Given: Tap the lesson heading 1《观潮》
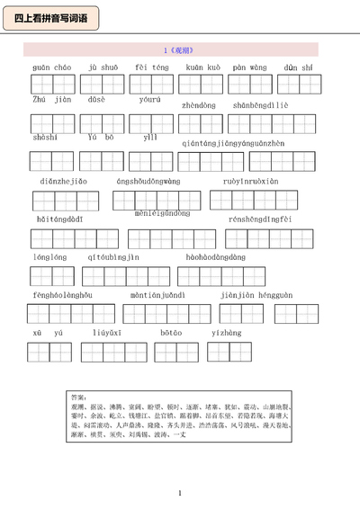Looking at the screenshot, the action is pyautogui.click(x=180, y=50).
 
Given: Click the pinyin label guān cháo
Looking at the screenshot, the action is pyautogui.click(x=51, y=67).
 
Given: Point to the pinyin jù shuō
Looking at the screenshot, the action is pyautogui.click(x=103, y=67).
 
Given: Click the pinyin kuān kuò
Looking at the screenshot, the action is pyautogui.click(x=202, y=67).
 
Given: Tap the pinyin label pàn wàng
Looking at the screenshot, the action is pyautogui.click(x=248, y=67).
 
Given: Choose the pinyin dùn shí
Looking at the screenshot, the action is pyautogui.click(x=299, y=67).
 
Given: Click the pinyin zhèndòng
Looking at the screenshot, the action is pyautogui.click(x=199, y=105).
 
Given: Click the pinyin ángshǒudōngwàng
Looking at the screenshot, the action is pyautogui.click(x=148, y=181).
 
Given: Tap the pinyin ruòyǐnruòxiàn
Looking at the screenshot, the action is pyautogui.click(x=251, y=181).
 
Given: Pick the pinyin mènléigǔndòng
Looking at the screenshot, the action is pyautogui.click(x=162, y=213).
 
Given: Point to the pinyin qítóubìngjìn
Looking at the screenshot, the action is pyautogui.click(x=113, y=256).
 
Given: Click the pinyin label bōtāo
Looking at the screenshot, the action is pyautogui.click(x=171, y=332).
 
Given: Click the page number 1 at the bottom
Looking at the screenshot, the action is pyautogui.click(x=180, y=492).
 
